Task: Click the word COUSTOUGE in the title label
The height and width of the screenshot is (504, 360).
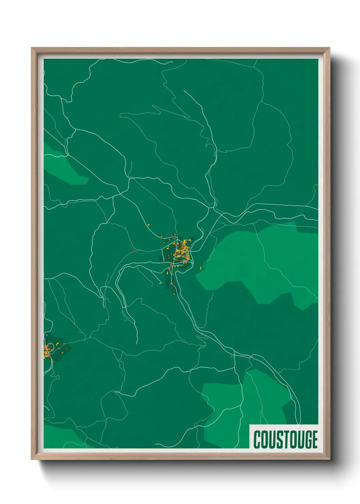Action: pyautogui.click(x=285, y=439)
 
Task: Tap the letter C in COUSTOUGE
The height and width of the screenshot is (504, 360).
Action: pyautogui.click(x=257, y=439)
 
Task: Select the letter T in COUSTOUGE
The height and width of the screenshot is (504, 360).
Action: pyautogui.click(x=279, y=439)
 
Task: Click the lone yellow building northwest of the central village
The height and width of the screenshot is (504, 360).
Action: pyautogui.click(x=148, y=224)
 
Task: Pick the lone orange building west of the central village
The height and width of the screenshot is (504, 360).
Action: pyautogui.click(x=134, y=250)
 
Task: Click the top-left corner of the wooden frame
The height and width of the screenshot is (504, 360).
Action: pyautogui.click(x=32, y=48)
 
